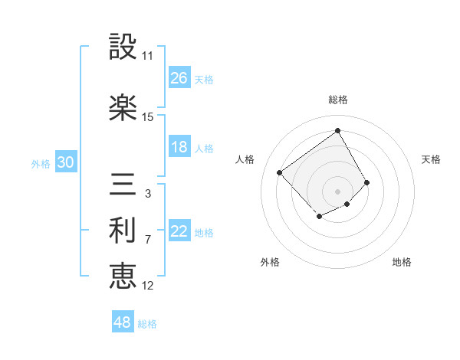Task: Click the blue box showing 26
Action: click(x=179, y=78)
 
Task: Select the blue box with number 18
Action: click(x=179, y=148)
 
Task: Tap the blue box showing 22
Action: click(x=179, y=232)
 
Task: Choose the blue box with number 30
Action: click(x=65, y=162)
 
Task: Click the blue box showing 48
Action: click(x=123, y=322)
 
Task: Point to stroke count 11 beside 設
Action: click(x=147, y=56)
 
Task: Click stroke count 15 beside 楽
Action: click(x=147, y=117)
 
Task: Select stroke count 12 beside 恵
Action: click(x=147, y=286)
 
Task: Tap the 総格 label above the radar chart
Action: click(x=337, y=100)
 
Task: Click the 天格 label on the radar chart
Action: click(x=432, y=159)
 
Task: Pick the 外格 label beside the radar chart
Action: click(x=270, y=263)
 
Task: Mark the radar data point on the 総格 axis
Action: click(x=337, y=130)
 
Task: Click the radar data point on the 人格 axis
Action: click(x=280, y=172)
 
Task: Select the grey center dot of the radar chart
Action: click(x=337, y=191)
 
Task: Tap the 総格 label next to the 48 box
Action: click(x=147, y=324)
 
